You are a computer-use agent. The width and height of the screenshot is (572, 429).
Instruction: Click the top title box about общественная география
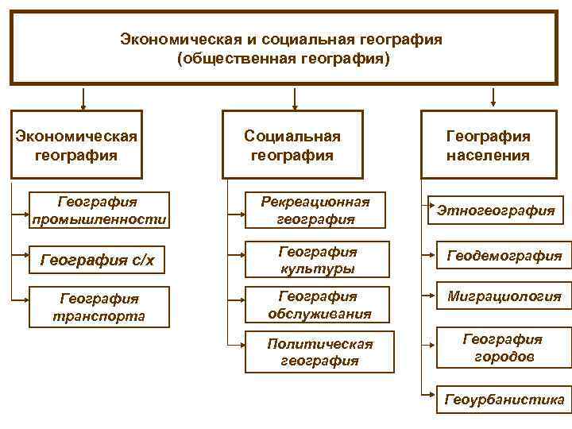(285, 48)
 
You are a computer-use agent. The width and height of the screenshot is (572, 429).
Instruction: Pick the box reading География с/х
(99, 258)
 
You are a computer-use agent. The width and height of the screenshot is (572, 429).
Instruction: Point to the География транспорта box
(99, 307)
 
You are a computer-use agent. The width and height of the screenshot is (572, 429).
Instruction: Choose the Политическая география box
(319, 352)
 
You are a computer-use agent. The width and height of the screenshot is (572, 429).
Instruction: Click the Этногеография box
(496, 210)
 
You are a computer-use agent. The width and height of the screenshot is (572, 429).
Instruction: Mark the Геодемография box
(504, 256)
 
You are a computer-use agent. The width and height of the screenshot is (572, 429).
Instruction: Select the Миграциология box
(504, 296)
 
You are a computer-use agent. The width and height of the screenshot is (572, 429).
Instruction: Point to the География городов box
(504, 348)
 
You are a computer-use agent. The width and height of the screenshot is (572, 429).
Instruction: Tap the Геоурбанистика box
(504, 398)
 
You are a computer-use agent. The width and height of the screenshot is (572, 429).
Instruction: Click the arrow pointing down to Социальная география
(295, 98)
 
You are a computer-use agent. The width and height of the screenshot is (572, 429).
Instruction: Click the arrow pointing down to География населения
(493, 98)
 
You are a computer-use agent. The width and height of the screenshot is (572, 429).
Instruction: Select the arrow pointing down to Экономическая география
(83, 98)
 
